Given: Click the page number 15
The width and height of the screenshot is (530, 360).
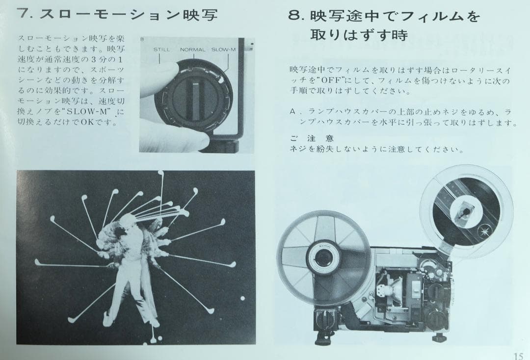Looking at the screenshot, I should (x=518, y=356).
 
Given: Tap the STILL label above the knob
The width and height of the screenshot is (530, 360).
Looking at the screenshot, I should (x=161, y=50).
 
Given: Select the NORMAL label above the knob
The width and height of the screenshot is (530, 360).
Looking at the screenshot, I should (x=193, y=50).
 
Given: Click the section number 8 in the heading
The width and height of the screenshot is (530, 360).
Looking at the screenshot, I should (x=295, y=17).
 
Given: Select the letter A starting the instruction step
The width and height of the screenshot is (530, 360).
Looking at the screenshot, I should (x=292, y=112).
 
